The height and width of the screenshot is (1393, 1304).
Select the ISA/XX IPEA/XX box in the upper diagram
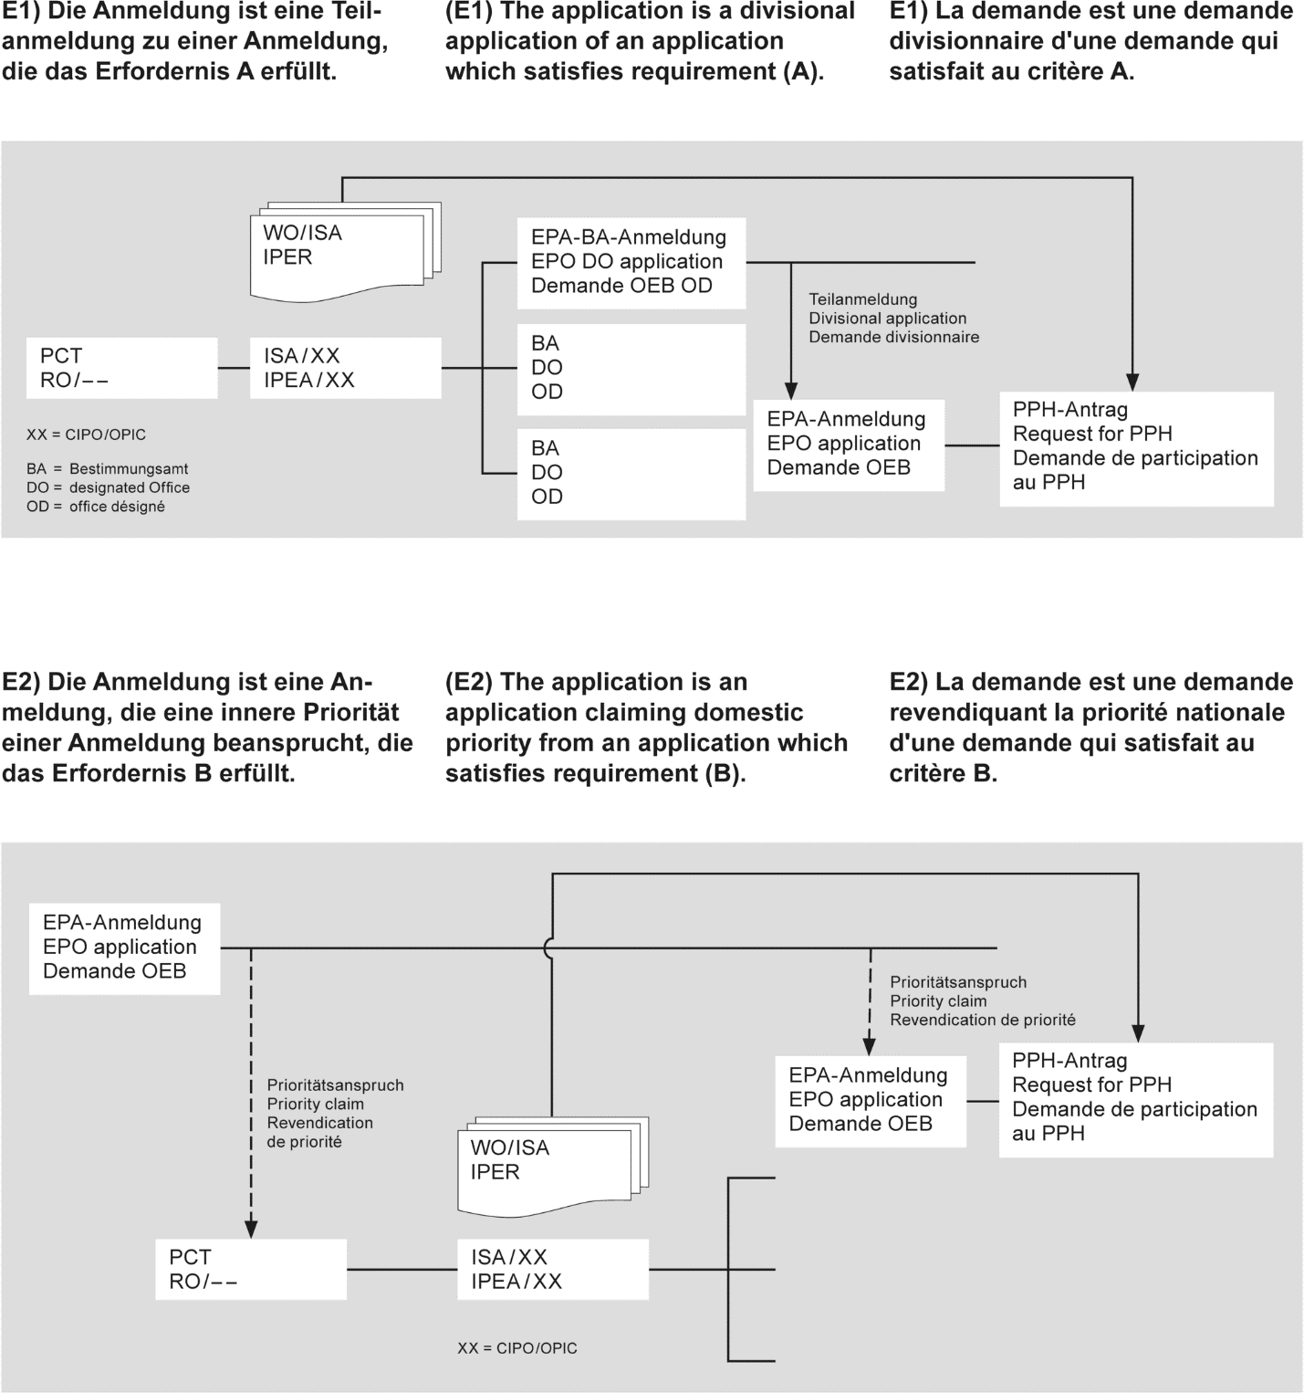346,368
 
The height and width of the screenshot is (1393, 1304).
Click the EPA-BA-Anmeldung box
631,262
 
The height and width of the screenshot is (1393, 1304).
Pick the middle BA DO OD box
631,368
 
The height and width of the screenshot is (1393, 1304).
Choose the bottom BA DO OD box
631,473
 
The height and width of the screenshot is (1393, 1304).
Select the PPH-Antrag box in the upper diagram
1136,447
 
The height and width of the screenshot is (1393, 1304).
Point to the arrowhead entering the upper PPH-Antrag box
1132,382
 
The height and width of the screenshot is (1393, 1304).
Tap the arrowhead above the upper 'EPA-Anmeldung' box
791,392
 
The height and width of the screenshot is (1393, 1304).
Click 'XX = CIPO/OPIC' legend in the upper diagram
86,435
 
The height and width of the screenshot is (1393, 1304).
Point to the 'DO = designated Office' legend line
108,487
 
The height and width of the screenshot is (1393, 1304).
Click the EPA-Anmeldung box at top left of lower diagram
123,948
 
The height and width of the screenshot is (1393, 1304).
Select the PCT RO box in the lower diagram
251,1269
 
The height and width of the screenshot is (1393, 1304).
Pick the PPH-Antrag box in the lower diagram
1135,1098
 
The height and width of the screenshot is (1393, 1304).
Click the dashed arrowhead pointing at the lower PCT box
251,1229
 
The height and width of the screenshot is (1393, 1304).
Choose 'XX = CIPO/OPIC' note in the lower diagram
517,1348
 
